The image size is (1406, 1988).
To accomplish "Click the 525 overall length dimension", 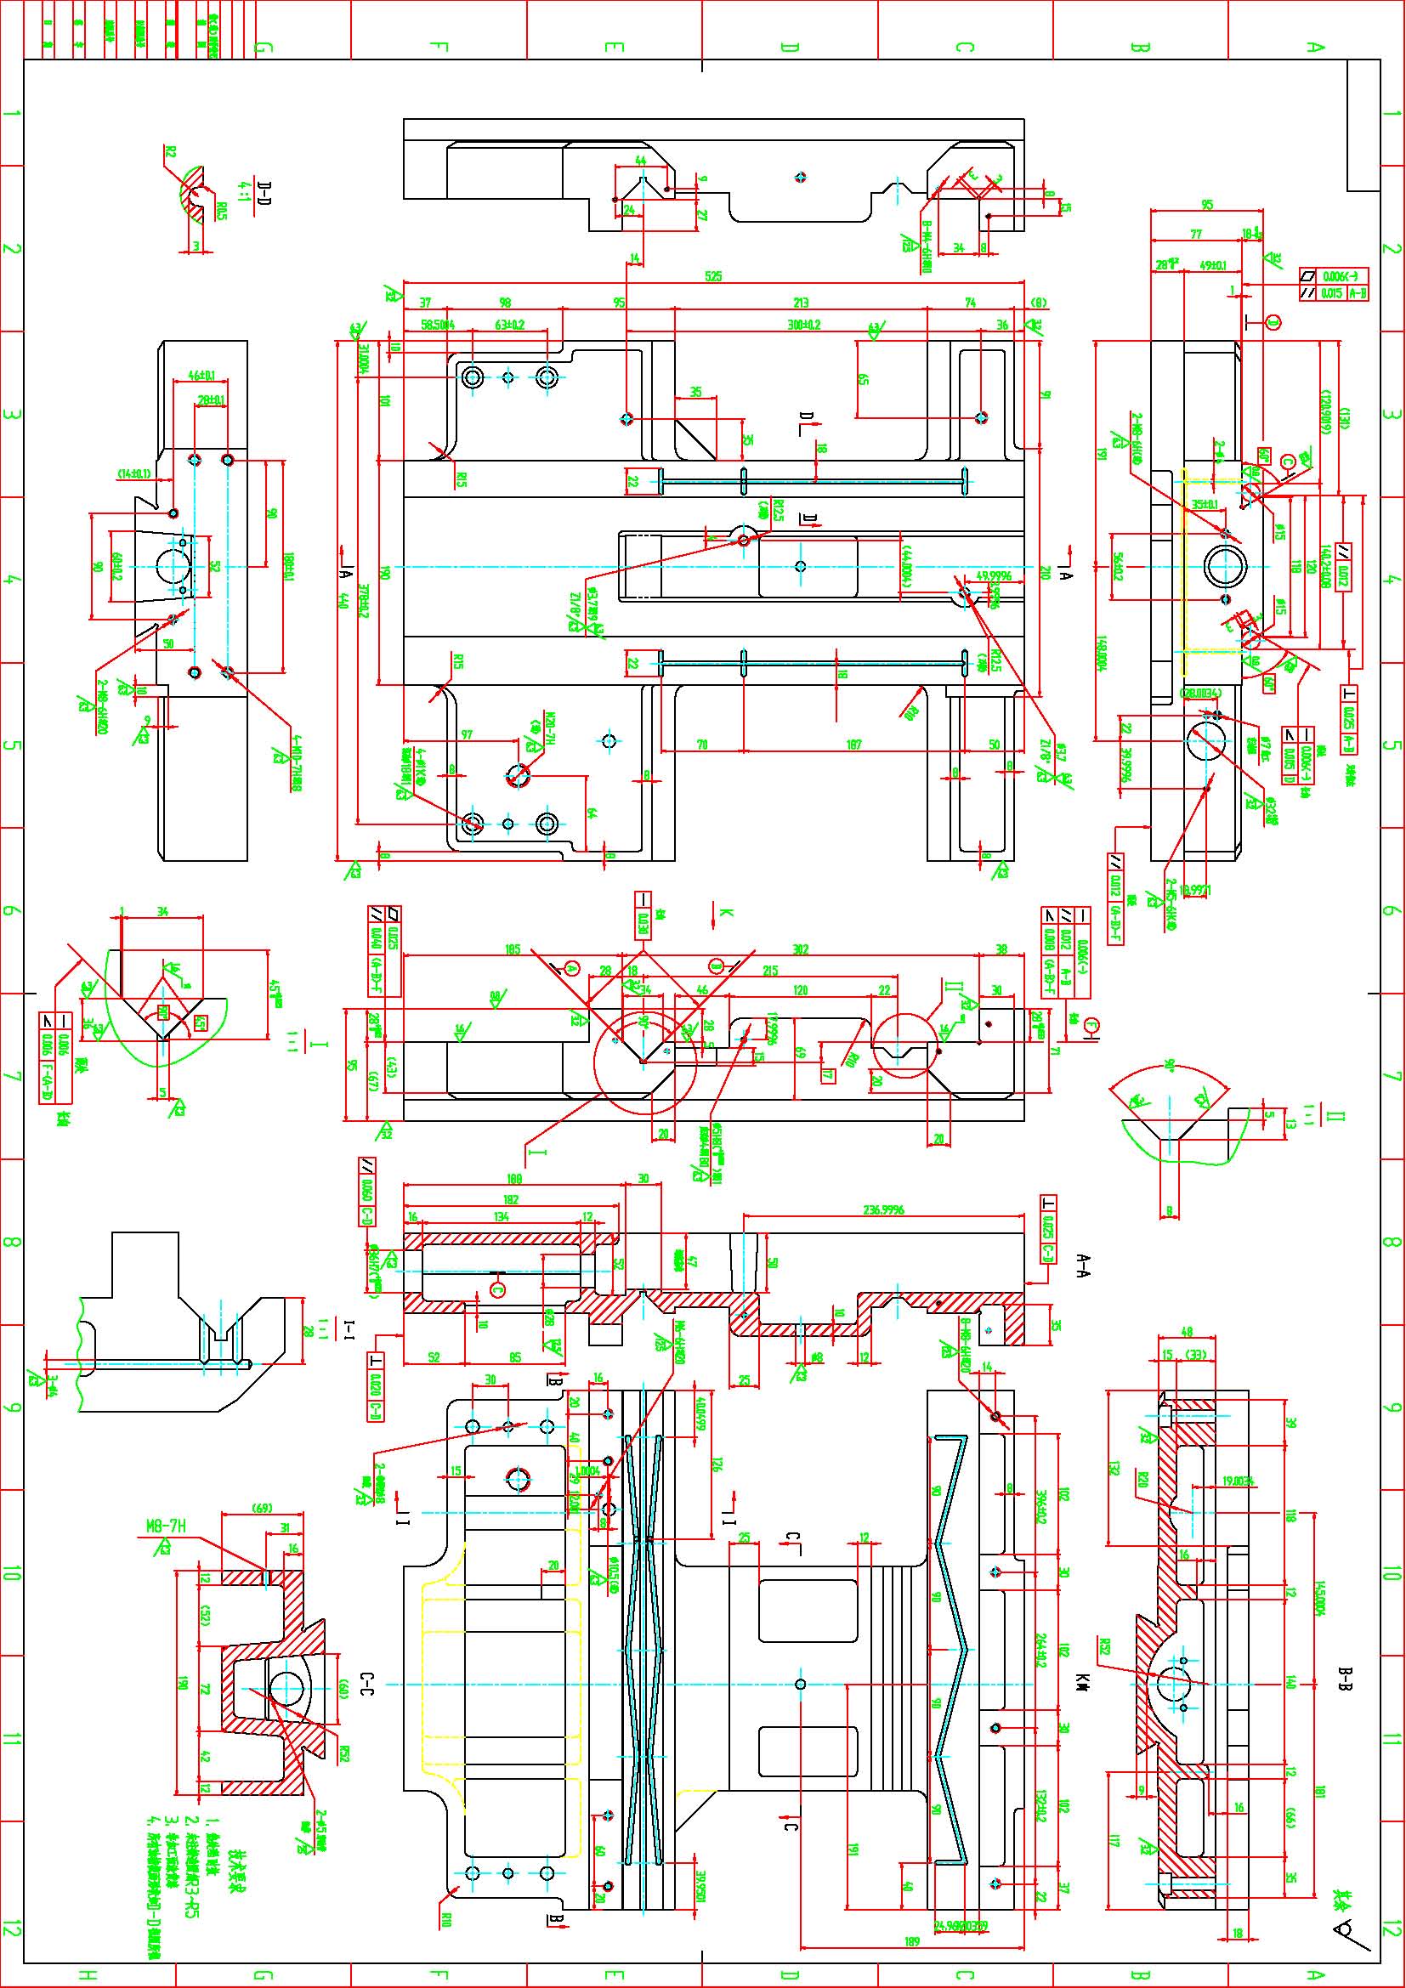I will click(x=712, y=276).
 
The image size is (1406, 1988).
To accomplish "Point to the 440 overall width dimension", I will click(x=343, y=599).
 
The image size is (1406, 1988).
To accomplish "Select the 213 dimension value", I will click(x=801, y=303).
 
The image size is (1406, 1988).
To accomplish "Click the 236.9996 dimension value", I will click(x=884, y=1209).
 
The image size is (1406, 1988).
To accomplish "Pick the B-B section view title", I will click(x=1346, y=1679).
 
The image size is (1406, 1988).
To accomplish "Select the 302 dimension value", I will click(x=801, y=950).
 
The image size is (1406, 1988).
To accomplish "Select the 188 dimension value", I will click(x=514, y=1178).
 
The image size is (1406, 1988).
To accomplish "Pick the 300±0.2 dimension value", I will click(x=802, y=326).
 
